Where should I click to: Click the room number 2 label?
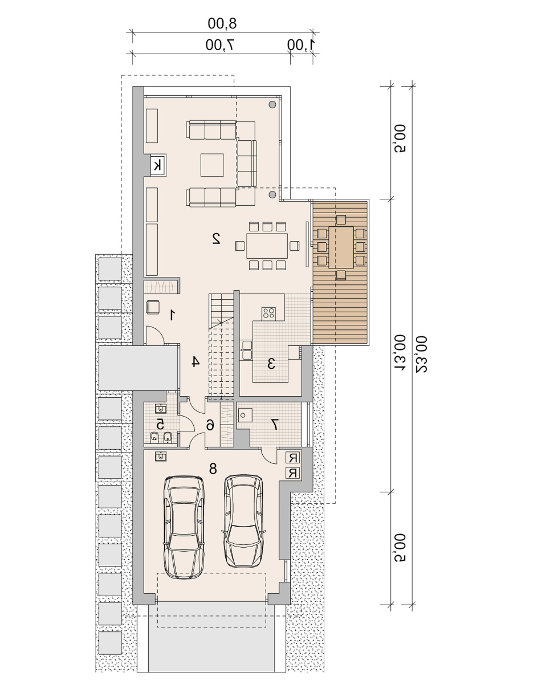217,238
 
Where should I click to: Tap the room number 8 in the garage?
213,469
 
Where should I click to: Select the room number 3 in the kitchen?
271,364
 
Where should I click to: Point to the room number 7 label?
275,425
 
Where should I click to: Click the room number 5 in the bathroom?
160,425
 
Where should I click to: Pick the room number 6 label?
210,426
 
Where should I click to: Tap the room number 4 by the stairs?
195,361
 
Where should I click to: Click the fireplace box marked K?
158,166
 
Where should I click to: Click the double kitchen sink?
247,350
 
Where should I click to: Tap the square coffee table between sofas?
212,165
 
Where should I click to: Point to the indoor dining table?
267,246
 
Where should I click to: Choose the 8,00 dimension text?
222,23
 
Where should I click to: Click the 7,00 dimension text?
219,45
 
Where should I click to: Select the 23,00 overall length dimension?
422,354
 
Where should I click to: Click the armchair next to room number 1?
153,307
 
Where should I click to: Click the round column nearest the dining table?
272,194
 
